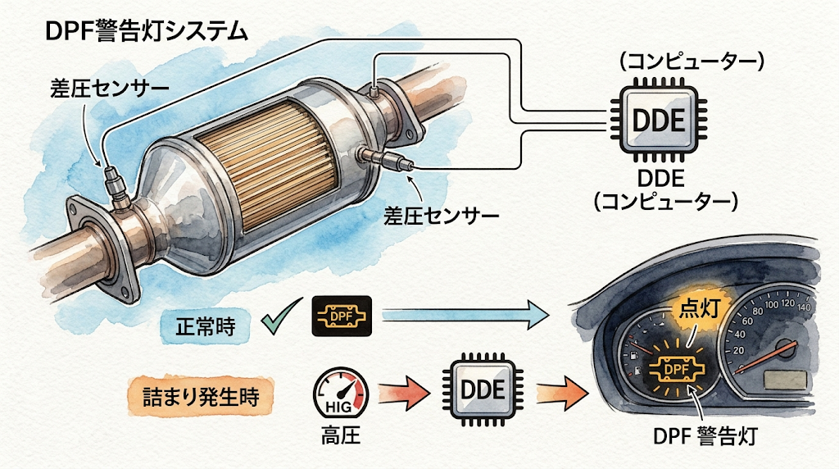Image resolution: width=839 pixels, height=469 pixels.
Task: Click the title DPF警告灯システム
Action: tap(147, 32)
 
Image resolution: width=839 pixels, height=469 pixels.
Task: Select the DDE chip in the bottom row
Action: tap(483, 389)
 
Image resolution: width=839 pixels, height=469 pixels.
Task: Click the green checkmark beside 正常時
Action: tap(280, 316)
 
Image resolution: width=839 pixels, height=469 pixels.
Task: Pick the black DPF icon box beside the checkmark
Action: tap(342, 316)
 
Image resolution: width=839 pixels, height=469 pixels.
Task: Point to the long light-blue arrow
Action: tap(465, 316)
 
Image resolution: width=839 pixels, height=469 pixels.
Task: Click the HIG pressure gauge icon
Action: tap(341, 393)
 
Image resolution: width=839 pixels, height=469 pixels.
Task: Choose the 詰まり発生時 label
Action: tap(202, 397)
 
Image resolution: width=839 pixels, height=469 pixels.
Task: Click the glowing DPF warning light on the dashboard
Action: tap(676, 370)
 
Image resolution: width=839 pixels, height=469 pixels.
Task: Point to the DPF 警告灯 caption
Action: tap(705, 437)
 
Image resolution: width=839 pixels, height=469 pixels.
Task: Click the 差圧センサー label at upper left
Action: tap(110, 89)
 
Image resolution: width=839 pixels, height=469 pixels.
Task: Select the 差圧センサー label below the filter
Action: tap(442, 216)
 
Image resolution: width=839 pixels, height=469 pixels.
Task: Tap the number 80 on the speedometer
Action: tap(757, 311)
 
